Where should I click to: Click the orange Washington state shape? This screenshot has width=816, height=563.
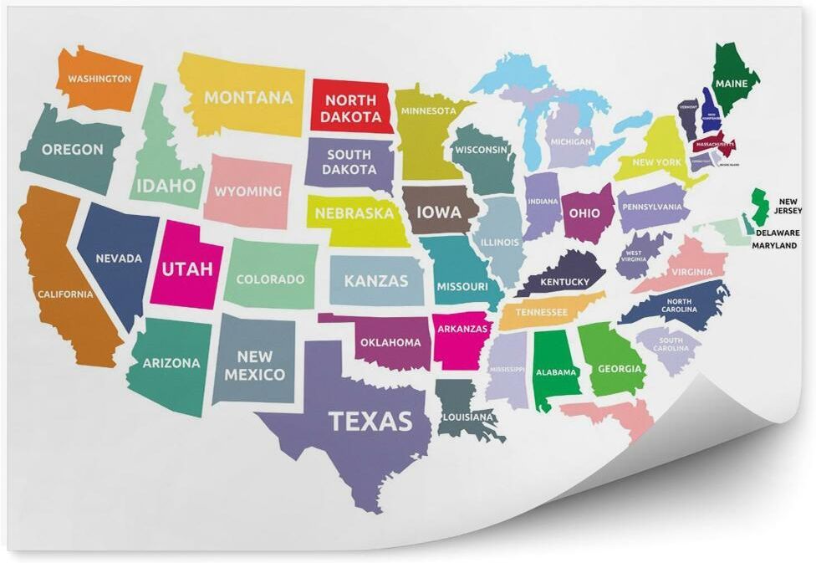96,79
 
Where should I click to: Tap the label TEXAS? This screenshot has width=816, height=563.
370,421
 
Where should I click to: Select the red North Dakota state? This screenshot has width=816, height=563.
351,106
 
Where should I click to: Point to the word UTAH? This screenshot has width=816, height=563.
186,269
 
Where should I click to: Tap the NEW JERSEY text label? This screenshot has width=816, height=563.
789,206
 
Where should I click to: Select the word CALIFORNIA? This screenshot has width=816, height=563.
64,294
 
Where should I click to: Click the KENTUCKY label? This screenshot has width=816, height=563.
564,282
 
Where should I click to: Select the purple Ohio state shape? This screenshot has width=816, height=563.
583,213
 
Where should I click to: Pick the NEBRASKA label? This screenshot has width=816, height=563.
354,213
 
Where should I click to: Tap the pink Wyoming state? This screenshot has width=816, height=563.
247,192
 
